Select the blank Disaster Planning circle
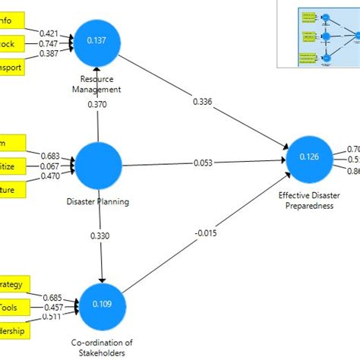pyautogui.click(x=99, y=164)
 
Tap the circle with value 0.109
pyautogui.click(x=102, y=304)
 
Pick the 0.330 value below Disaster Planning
pyautogui.click(x=100, y=235)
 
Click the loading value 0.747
pyautogui.click(x=49, y=44)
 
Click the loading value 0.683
pyautogui.click(x=49, y=156)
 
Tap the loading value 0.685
pyautogui.click(x=52, y=297)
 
